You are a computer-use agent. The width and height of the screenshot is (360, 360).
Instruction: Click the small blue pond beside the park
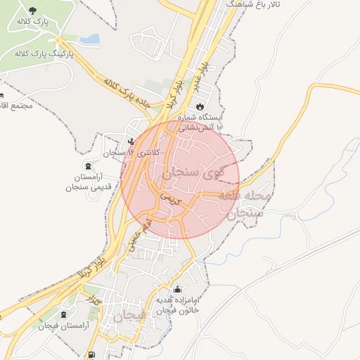(89, 39)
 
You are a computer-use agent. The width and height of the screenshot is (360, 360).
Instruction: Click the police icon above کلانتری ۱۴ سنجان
(131, 141)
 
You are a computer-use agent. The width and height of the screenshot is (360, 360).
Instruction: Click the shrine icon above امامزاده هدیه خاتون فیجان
(176, 289)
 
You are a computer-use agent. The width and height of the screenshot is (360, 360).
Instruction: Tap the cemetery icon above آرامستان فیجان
(65, 314)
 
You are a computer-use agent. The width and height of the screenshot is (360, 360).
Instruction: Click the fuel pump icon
(91, 354)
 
